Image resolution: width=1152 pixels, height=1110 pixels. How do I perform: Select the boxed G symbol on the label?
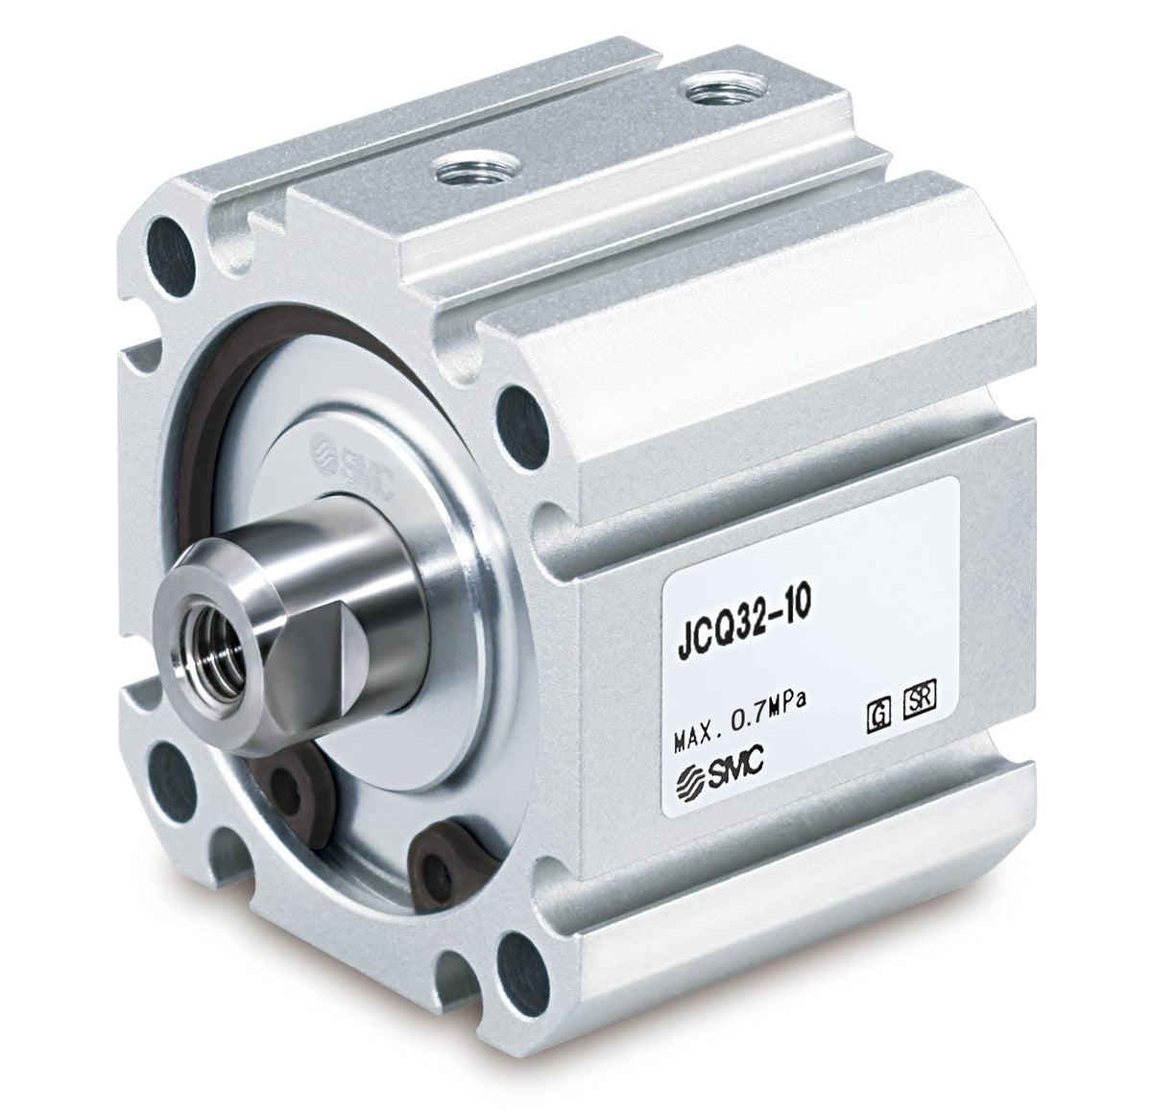pos(878,717)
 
